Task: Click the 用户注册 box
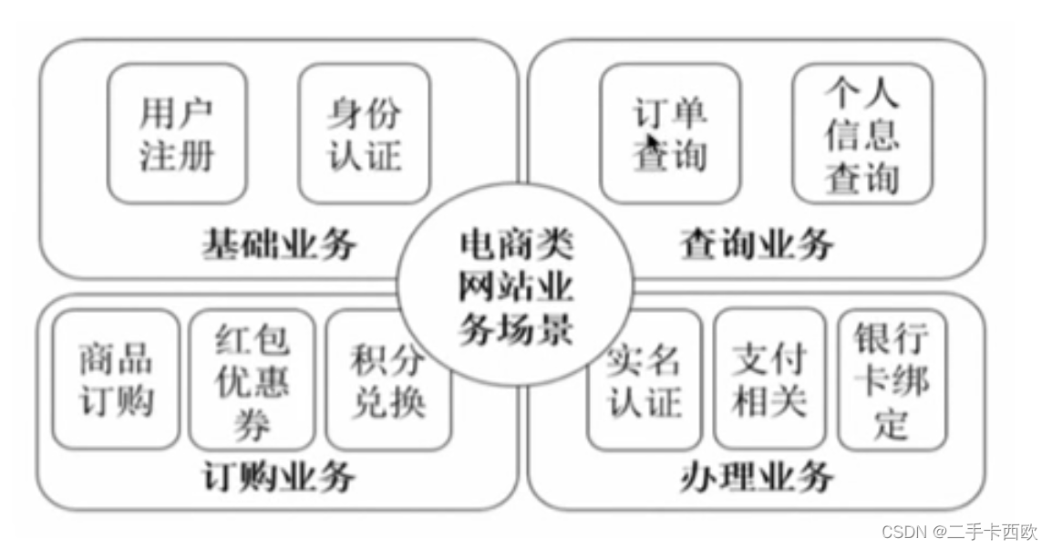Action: coord(177,133)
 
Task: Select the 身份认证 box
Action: coord(365,133)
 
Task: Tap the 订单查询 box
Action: coord(670,133)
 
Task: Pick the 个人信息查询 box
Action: coord(861,133)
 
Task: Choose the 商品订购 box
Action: coord(117,379)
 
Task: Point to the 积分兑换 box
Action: coord(388,379)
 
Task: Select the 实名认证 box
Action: coord(645,379)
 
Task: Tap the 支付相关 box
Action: coord(769,379)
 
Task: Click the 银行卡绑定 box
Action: coord(892,379)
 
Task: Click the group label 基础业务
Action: coord(279,243)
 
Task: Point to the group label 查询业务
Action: coord(757,243)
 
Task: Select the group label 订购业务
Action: coord(278,477)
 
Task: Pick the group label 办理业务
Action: coord(757,477)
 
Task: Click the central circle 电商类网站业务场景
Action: coord(516,288)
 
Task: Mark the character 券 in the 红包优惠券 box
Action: coord(253,422)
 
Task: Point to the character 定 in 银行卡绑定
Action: coord(892,422)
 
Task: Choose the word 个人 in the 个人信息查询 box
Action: coord(861,92)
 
